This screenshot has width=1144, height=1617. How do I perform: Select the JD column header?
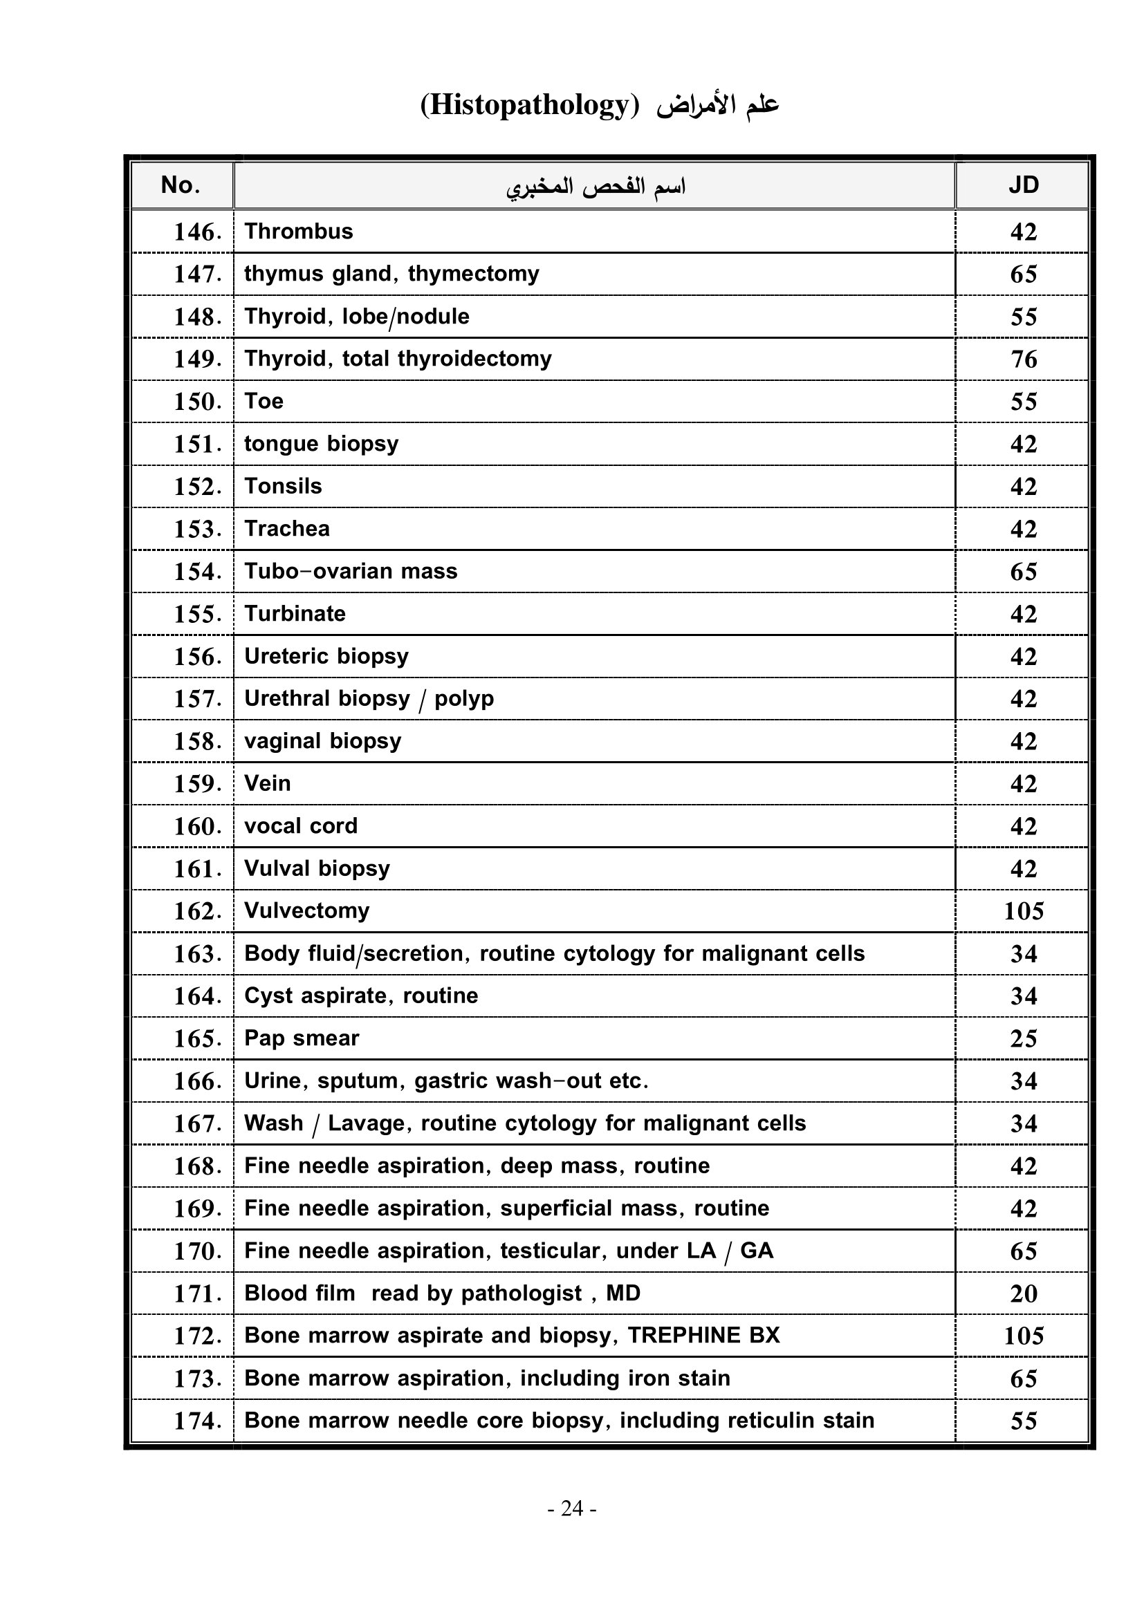[1023, 185]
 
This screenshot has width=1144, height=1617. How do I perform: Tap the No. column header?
[181, 185]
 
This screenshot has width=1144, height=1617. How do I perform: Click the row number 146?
[197, 232]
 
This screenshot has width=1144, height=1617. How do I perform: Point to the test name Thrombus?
[299, 232]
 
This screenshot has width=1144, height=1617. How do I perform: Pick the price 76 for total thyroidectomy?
[1024, 359]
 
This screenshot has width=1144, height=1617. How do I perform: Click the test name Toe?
[264, 402]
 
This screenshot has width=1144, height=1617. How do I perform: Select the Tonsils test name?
[283, 487]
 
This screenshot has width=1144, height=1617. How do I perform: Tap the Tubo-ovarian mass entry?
[351, 571]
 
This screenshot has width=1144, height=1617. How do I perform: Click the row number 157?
[197, 700]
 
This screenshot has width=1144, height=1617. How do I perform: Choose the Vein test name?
[267, 784]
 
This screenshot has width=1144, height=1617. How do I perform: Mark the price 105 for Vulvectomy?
[1024, 911]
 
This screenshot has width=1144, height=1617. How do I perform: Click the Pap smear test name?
[302, 1038]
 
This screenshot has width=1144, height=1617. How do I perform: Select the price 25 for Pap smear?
[1024, 1039]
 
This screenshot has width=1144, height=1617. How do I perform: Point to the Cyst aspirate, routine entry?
[360, 996]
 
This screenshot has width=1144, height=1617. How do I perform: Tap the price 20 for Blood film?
[1024, 1293]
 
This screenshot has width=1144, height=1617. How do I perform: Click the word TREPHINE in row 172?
[684, 1336]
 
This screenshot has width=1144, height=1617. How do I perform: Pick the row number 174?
[197, 1421]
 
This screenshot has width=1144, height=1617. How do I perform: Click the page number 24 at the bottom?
[572, 1508]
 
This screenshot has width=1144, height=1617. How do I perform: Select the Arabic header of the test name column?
[596, 187]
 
